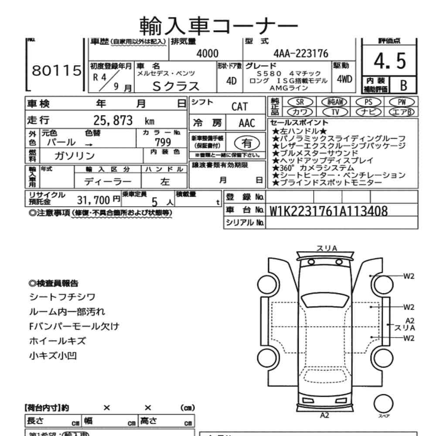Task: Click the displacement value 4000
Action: pyautogui.click(x=207, y=53)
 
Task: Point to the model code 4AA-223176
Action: pyautogui.click(x=301, y=53)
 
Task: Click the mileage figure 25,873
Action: pyautogui.click(x=113, y=121)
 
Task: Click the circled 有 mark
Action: pyautogui.click(x=247, y=143)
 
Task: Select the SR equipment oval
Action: pyautogui.click(x=300, y=102)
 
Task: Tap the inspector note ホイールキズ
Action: pyautogui.click(x=58, y=341)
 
